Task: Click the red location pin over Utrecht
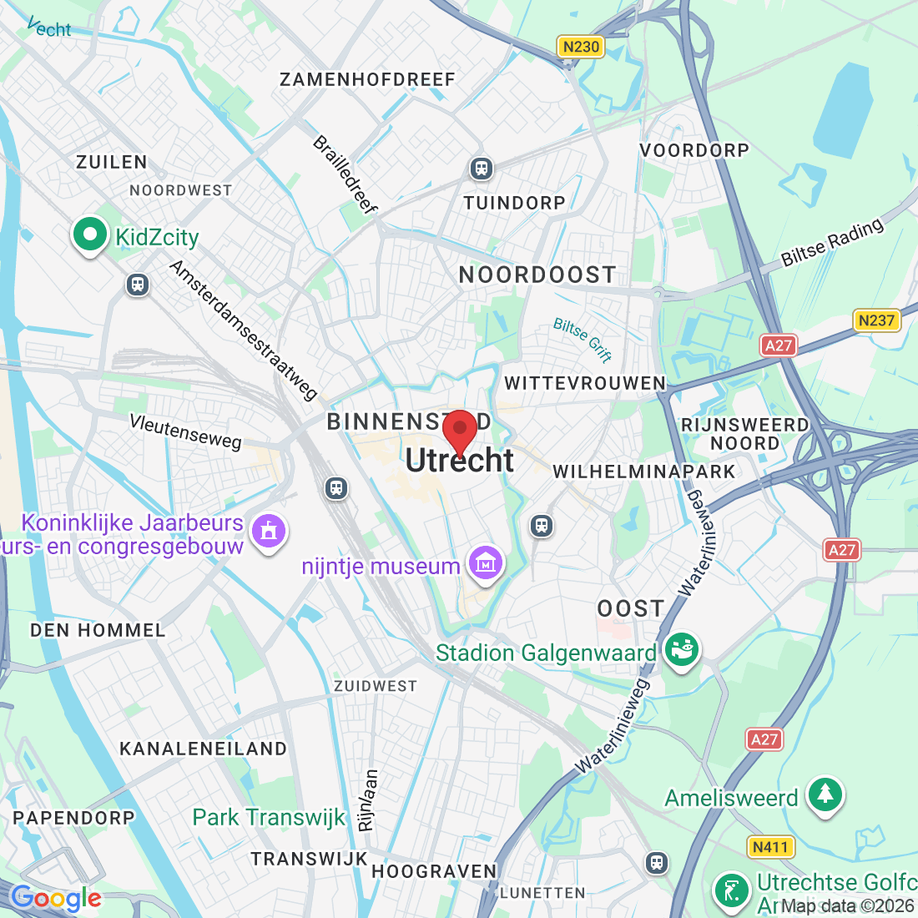459,431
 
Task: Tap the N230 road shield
581,47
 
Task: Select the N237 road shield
876,320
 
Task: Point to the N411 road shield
769,848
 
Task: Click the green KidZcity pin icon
90,235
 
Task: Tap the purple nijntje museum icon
487,564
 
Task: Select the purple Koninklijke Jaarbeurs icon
268,531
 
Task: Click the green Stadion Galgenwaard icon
681,650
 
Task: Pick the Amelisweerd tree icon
825,794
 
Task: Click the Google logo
55,898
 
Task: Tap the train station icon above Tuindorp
481,169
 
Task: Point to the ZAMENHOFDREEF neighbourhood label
367,80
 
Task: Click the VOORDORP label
694,150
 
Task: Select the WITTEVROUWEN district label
585,383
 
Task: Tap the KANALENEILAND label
203,749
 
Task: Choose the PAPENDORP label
73,818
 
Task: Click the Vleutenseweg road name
185,431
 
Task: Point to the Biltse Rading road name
832,242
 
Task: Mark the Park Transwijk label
269,817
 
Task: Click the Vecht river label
50,28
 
